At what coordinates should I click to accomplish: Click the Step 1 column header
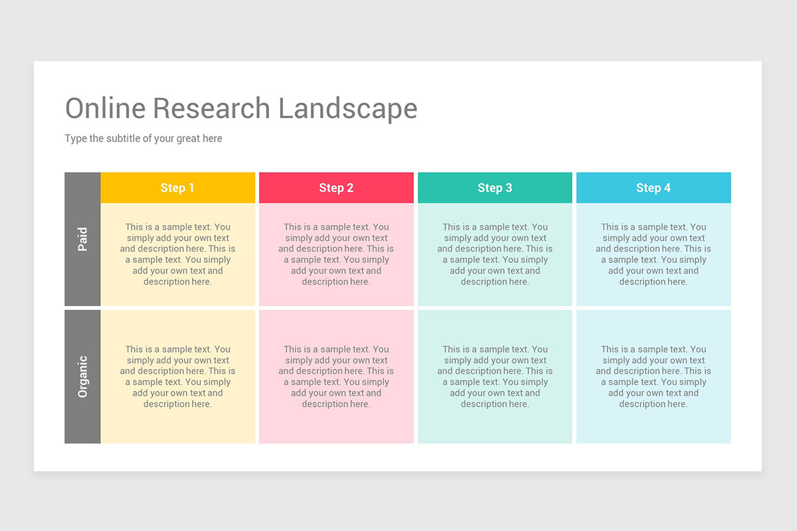pos(177,188)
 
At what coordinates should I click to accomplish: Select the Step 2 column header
pos(336,188)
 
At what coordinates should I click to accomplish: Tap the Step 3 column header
pos(495,188)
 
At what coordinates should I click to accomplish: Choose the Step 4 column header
pos(654,188)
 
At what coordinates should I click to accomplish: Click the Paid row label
pos(82,239)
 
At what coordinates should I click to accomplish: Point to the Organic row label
pos(82,376)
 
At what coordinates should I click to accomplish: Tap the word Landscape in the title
pos(347,108)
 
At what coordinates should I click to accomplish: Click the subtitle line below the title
pos(143,139)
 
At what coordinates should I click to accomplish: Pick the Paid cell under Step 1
pos(177,254)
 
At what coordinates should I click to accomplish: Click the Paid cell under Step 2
pos(336,254)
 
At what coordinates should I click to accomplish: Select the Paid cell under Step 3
pos(495,254)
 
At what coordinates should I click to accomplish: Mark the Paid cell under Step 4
pos(654,254)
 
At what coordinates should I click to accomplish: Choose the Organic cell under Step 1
pos(177,376)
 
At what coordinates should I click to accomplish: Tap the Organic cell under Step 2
pos(336,376)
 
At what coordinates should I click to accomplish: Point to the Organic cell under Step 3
pos(495,376)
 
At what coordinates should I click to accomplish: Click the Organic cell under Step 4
pos(654,376)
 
